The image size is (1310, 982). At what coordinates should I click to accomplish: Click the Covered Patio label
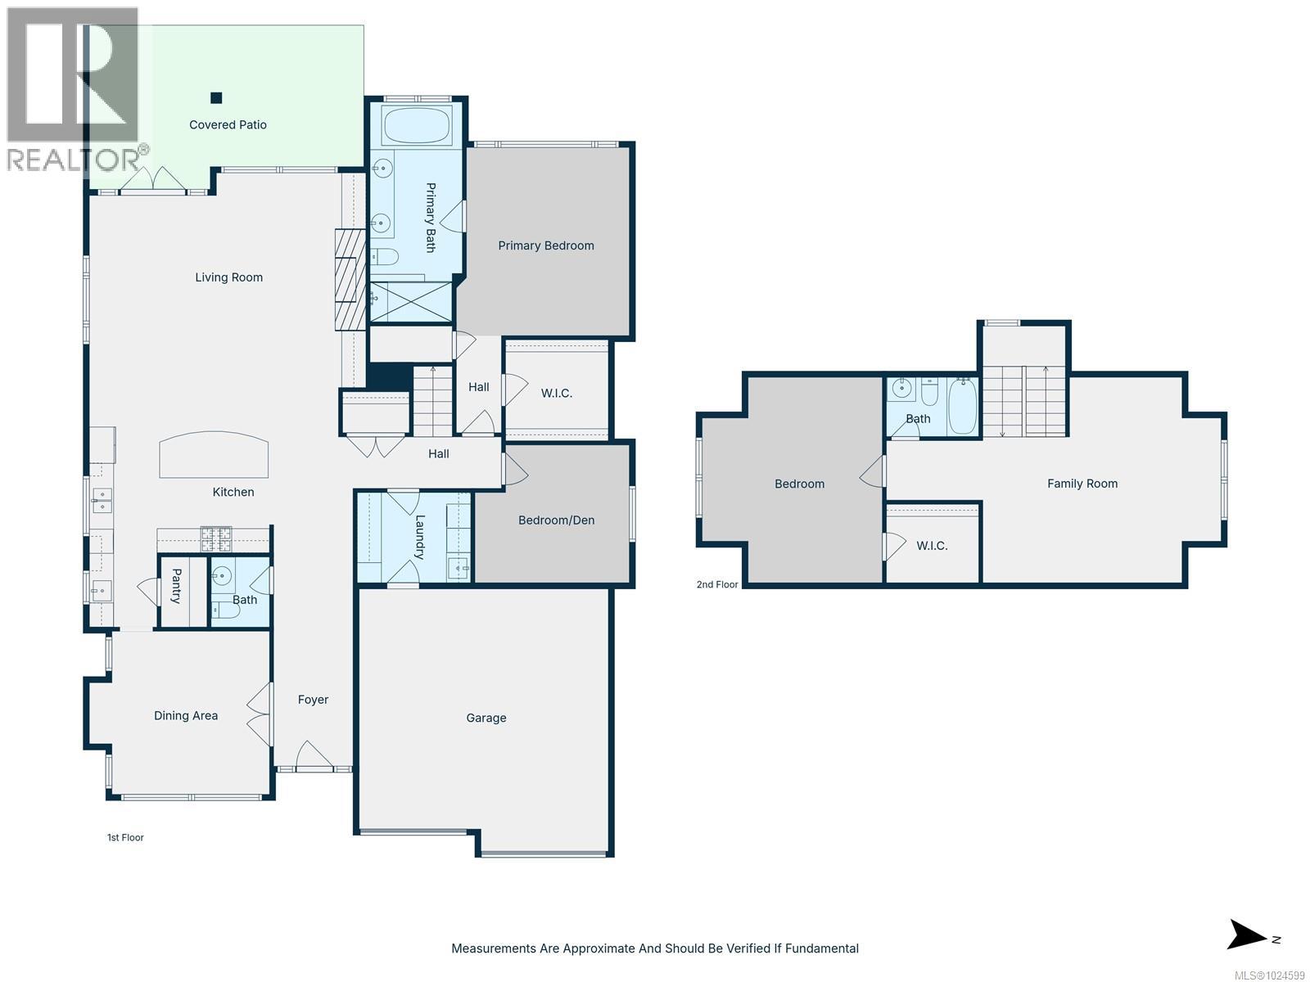(228, 124)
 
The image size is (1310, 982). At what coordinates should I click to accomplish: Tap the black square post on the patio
(216, 97)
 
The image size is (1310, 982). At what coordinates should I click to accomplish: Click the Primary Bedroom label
(546, 245)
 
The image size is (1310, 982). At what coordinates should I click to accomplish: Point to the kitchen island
(214, 454)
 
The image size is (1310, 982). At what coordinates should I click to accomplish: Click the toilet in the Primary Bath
(384, 257)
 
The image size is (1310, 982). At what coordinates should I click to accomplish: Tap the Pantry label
(177, 585)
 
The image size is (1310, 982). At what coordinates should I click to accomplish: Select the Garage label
(486, 718)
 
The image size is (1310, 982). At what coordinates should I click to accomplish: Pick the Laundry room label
(419, 537)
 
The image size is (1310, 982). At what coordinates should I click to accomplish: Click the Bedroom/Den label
(556, 520)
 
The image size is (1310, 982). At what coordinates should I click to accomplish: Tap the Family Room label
(1082, 484)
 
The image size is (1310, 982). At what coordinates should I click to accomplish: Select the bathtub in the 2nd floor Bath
(962, 407)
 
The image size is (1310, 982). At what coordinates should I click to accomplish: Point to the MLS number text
(1269, 975)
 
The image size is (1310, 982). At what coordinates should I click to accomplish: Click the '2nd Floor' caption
(717, 584)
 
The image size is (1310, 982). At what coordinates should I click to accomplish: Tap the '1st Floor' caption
(125, 837)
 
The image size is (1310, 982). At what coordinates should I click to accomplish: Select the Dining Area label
(186, 715)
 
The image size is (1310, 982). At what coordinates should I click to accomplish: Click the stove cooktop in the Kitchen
(215, 539)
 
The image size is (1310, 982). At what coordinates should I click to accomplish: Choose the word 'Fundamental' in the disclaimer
(821, 948)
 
